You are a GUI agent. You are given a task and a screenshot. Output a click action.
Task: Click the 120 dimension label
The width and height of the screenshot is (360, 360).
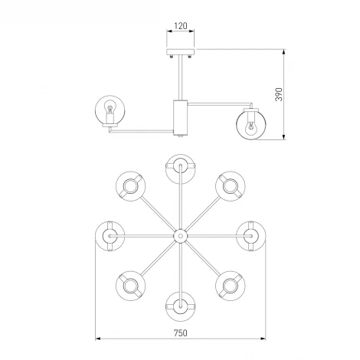181,26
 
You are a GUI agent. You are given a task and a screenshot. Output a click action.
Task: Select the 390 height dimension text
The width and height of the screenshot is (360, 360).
279,94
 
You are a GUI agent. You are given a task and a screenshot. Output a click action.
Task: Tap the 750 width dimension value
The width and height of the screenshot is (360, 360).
181,333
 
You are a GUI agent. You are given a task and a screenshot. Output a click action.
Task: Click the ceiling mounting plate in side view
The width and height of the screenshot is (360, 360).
181,52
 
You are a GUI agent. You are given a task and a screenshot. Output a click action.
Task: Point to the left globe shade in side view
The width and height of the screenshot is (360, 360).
110,110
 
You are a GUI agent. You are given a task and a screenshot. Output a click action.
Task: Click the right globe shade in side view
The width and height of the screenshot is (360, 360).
251,125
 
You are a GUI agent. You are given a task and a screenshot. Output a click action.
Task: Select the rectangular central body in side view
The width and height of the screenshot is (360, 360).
181,117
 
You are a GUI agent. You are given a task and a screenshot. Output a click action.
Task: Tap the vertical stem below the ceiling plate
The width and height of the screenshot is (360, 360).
181,77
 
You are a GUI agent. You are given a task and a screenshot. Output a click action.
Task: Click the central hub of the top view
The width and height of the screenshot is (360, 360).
181,236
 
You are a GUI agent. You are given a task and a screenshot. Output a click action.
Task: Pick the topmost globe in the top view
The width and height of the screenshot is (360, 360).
181,169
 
